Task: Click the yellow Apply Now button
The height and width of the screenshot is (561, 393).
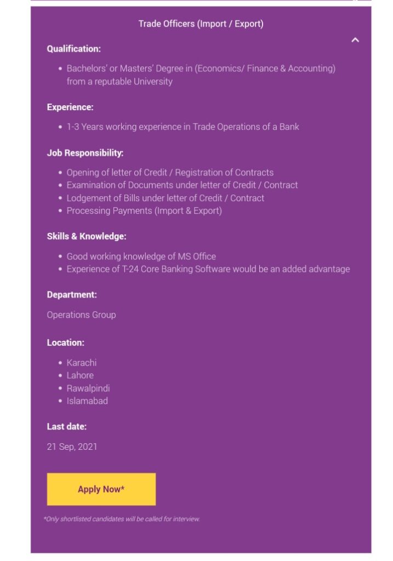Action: pyautogui.click(x=101, y=489)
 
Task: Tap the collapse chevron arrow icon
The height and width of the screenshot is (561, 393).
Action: pyautogui.click(x=355, y=40)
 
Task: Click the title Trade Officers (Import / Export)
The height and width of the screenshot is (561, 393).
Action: pyautogui.click(x=201, y=24)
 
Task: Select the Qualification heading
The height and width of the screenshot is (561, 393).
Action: pyautogui.click(x=74, y=49)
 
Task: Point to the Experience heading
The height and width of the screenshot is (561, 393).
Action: pyautogui.click(x=70, y=107)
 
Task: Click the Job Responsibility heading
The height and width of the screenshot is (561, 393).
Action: pyautogui.click(x=85, y=153)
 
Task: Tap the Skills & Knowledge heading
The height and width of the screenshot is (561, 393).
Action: pyautogui.click(x=87, y=237)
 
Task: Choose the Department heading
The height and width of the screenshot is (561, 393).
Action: pyautogui.click(x=72, y=295)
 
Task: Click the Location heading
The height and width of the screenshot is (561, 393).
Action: pyautogui.click(x=66, y=342)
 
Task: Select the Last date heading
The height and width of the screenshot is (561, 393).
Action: pyautogui.click(x=67, y=426)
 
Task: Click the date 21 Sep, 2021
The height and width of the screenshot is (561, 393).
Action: pyautogui.click(x=72, y=446)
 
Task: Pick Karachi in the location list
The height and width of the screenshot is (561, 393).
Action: pyautogui.click(x=82, y=363)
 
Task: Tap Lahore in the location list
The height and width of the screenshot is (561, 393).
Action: pyautogui.click(x=80, y=375)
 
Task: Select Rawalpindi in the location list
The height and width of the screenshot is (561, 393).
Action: pyautogui.click(x=88, y=388)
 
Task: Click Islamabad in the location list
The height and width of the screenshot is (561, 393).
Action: pyautogui.click(x=87, y=400)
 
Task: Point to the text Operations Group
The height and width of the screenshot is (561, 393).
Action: pyautogui.click(x=81, y=315)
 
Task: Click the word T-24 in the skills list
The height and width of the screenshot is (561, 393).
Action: pyautogui.click(x=132, y=269)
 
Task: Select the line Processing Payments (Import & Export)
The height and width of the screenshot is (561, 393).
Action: pyautogui.click(x=144, y=210)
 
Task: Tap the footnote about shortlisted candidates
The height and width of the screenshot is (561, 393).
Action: pyautogui.click(x=122, y=519)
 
